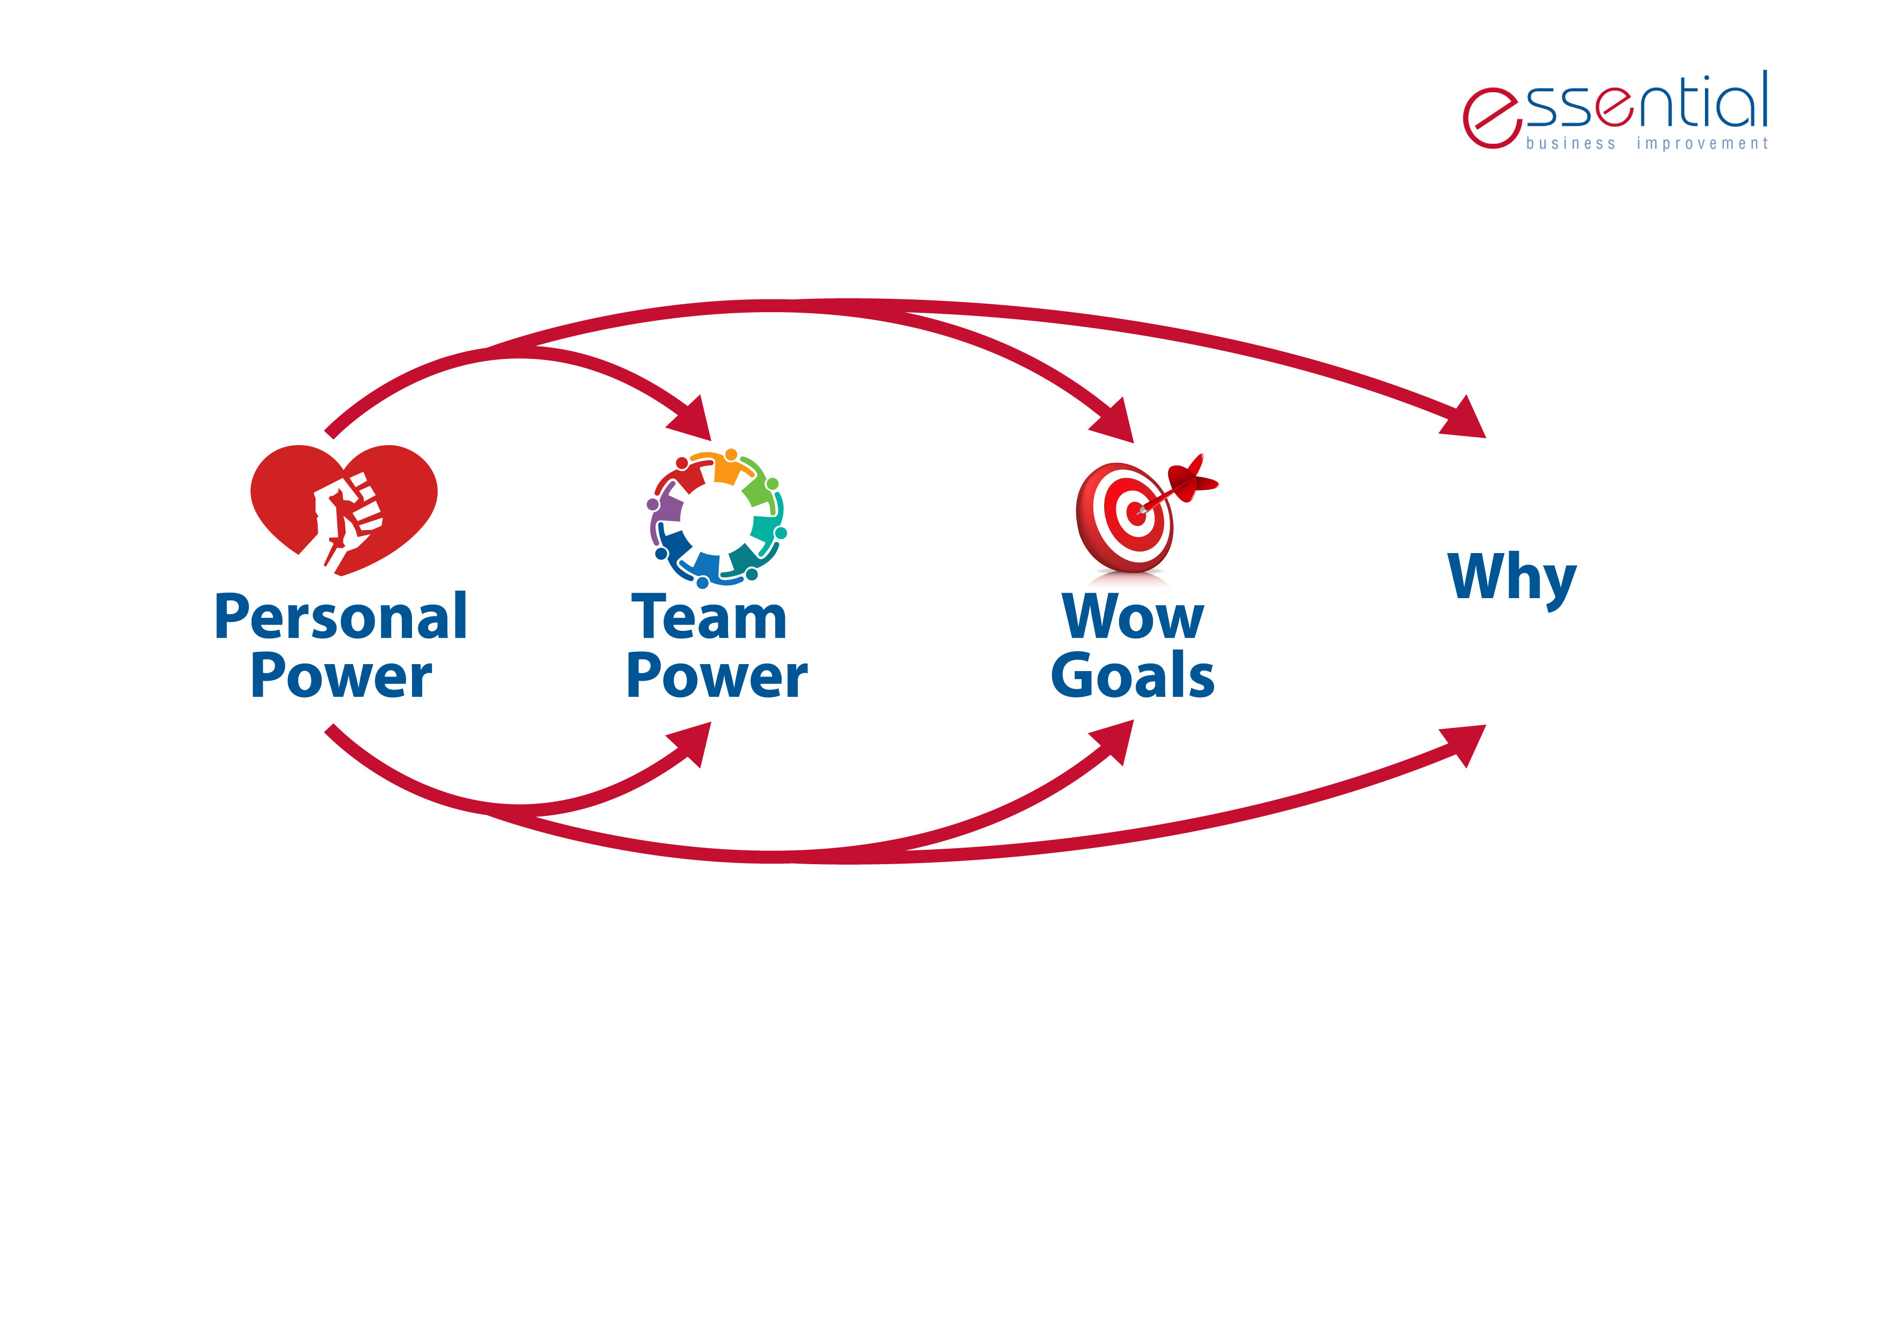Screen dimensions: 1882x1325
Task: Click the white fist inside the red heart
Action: click(x=348, y=518)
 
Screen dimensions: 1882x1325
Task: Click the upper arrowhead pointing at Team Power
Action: click(x=690, y=419)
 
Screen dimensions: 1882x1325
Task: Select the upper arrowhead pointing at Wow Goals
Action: click(x=1113, y=421)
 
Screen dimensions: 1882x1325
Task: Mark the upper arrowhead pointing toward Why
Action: click(x=1465, y=418)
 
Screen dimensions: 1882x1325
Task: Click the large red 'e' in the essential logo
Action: click(x=1492, y=118)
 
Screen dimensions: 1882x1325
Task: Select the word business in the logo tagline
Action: click(x=1570, y=143)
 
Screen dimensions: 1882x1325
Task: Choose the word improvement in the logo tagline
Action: click(x=1702, y=143)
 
